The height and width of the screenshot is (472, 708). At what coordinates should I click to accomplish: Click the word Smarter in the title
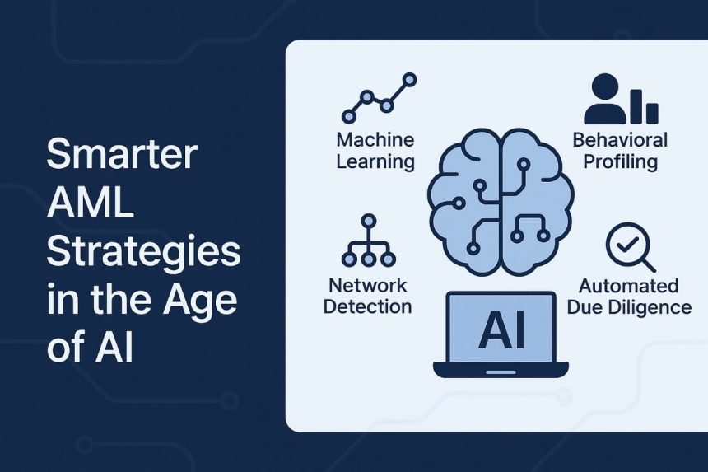point(122,156)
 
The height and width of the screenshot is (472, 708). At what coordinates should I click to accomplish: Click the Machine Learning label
point(375,150)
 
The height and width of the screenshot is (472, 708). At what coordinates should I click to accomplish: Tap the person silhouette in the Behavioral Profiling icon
point(604,100)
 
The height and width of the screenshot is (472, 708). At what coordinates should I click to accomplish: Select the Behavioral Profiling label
point(620,150)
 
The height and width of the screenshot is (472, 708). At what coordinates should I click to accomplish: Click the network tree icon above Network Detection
point(368,242)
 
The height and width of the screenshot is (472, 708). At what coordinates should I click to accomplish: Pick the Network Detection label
point(368,297)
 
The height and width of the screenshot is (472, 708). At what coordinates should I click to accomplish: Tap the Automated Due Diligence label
point(634,297)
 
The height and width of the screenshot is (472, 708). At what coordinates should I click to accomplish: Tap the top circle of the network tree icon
point(368,221)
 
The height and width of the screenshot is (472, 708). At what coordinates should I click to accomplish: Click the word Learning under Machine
point(375,161)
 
